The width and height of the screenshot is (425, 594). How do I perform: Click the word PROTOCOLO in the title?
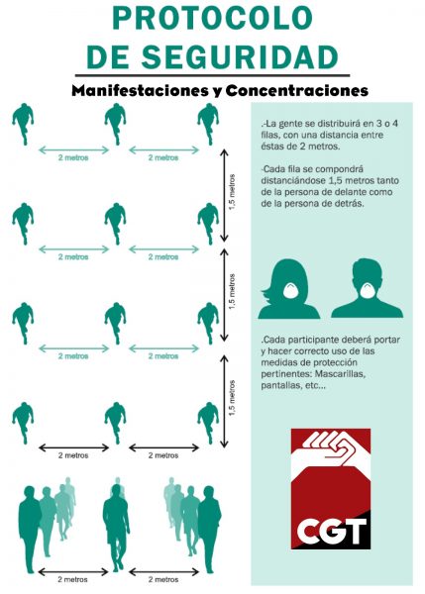[212, 18]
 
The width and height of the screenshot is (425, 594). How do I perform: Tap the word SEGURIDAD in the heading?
[240, 56]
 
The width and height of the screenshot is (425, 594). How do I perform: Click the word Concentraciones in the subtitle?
[297, 90]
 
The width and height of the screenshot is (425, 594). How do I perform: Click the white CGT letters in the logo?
[331, 531]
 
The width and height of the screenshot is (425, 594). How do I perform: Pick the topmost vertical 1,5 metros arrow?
[225, 195]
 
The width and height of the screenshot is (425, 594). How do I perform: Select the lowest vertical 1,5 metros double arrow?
[225, 401]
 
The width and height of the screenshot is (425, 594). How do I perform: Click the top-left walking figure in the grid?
[23, 124]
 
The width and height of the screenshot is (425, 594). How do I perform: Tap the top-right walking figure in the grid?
[208, 124]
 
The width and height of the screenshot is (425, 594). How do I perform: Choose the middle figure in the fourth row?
[116, 423]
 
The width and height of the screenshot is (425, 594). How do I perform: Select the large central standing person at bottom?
[116, 528]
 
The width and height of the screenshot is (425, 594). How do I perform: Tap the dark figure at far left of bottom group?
[29, 530]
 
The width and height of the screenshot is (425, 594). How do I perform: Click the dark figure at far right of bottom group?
[209, 530]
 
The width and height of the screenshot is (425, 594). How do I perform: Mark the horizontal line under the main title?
[212, 76]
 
